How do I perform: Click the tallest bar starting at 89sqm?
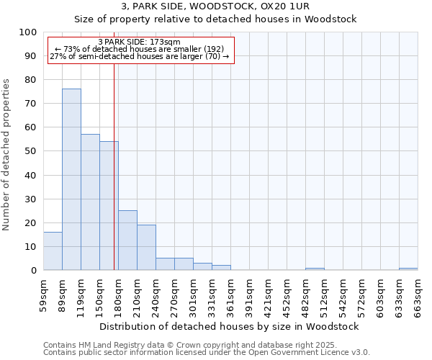coord(71,179)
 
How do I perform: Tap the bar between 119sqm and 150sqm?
coord(90,202)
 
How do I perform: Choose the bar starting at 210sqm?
coord(146,247)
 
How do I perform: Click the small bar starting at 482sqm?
coord(315,269)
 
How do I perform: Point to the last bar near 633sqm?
coord(408,269)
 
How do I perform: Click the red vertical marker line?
coord(114,166)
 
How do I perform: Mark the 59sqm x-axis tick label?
coord(43,293)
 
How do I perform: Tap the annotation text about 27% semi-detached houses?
coord(140,56)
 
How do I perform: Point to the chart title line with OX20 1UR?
coord(215,6)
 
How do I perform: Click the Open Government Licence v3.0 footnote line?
coord(207,353)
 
